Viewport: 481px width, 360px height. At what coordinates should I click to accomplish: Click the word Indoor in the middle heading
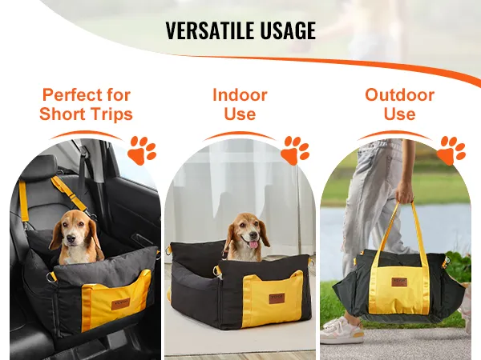coord(240,94)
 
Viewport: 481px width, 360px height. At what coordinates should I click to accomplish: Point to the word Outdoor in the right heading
coord(399,94)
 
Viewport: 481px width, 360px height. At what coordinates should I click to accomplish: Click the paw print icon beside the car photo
coord(142,150)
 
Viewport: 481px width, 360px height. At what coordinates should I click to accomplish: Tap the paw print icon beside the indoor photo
coord(295,150)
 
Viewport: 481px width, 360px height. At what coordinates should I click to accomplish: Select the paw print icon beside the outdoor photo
coord(451,150)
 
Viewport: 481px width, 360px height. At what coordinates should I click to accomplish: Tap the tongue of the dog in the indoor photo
coord(253,244)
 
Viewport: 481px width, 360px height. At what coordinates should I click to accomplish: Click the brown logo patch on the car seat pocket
coord(120,304)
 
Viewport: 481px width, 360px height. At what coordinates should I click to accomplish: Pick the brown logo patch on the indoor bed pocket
coord(277,298)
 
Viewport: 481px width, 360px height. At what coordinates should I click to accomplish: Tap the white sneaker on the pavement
coord(342,331)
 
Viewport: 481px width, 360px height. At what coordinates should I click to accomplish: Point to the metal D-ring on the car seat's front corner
coord(51,278)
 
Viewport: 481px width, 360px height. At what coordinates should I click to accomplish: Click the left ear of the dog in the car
coord(56,236)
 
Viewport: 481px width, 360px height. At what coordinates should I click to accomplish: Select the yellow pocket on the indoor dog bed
coord(273,296)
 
